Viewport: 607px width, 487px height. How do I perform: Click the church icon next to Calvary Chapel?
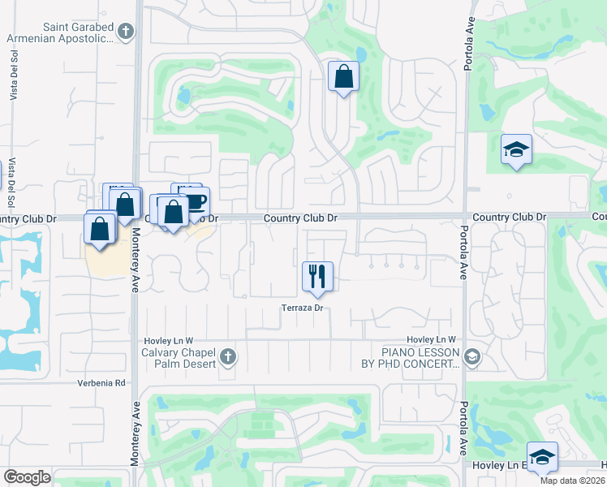pyautogui.click(x=228, y=356)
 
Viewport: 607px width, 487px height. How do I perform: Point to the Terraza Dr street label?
pyautogui.click(x=303, y=308)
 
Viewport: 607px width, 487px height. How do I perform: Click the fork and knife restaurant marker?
pyautogui.click(x=316, y=276)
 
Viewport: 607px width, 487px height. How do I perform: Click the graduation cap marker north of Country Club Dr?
pyautogui.click(x=516, y=149)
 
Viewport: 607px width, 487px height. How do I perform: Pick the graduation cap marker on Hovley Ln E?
pyautogui.click(x=542, y=457)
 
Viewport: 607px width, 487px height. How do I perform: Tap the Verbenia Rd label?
pyautogui.click(x=103, y=383)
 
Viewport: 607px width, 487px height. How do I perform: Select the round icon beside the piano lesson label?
pyautogui.click(x=472, y=356)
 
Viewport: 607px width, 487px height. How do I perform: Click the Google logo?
pyautogui.click(x=27, y=476)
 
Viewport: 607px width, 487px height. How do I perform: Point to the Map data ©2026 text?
pyautogui.click(x=572, y=481)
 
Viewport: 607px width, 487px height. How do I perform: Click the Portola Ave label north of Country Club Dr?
pyautogui.click(x=468, y=52)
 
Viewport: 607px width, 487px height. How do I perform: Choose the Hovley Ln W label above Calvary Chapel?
pyautogui.click(x=168, y=340)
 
